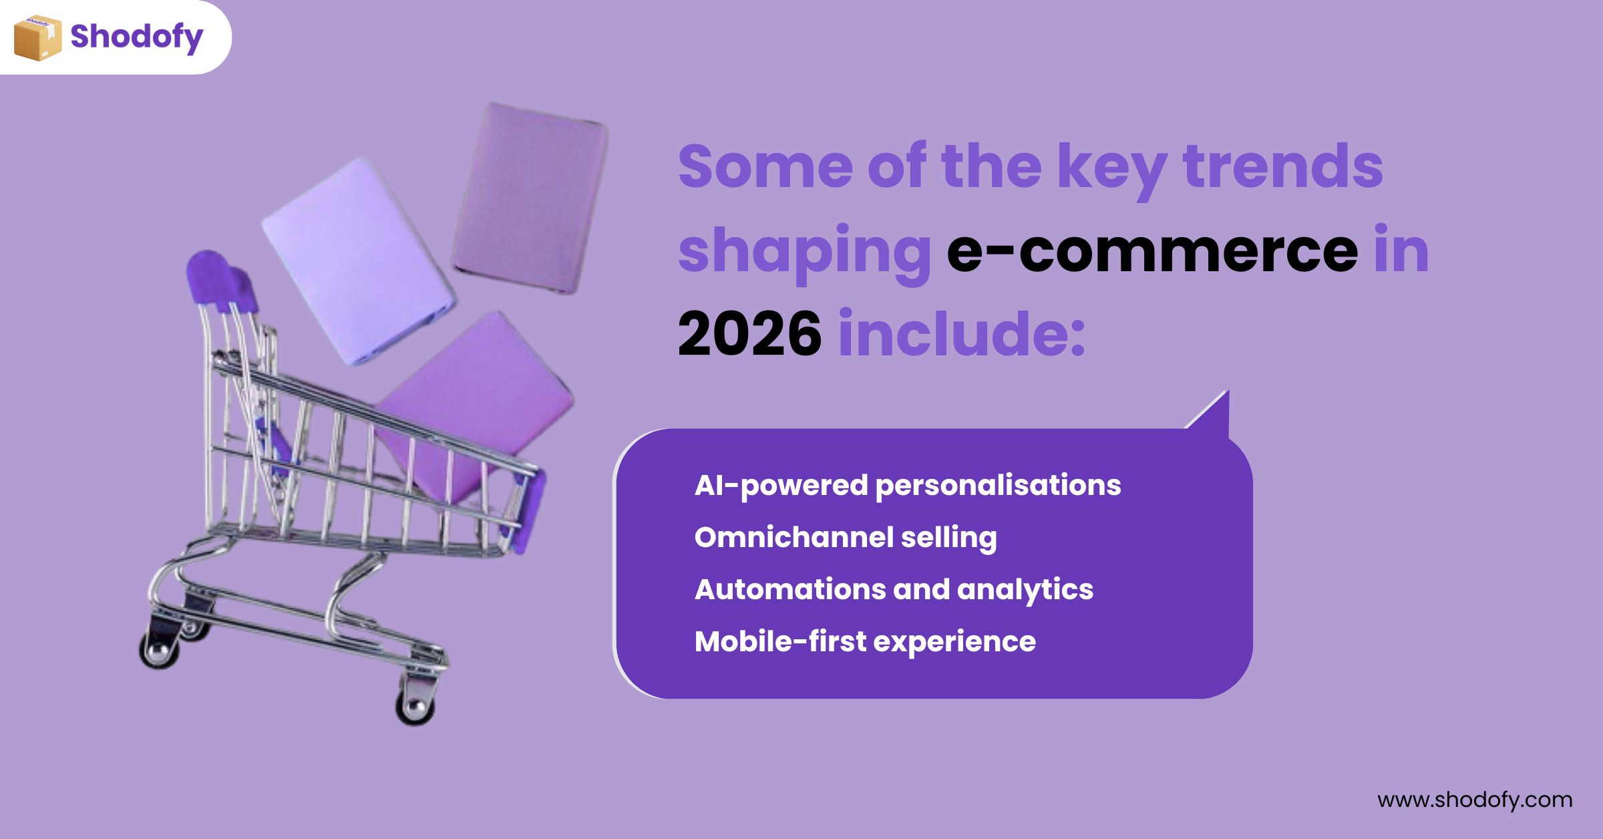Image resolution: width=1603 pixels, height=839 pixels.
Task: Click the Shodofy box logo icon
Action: tap(38, 38)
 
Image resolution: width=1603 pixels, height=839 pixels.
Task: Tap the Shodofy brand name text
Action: tap(137, 37)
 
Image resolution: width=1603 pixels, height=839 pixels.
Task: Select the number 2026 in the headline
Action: tap(749, 333)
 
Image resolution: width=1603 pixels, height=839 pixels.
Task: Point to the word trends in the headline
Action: tap(1282, 166)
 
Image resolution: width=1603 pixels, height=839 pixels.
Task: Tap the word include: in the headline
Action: tap(962, 332)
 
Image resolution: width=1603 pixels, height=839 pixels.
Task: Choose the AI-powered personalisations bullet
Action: tap(908, 486)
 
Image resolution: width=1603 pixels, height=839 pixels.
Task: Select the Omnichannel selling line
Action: tap(846, 538)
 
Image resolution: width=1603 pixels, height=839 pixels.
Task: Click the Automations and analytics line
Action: tap(894, 590)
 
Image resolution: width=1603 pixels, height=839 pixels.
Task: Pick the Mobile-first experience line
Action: tap(865, 642)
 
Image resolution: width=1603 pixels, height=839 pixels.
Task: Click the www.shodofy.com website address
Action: tap(1475, 800)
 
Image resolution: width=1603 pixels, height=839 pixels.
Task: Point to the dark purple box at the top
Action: tap(530, 198)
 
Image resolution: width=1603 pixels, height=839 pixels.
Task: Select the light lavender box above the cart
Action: tap(359, 262)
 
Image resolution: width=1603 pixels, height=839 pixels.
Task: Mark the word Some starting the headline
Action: tap(765, 166)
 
